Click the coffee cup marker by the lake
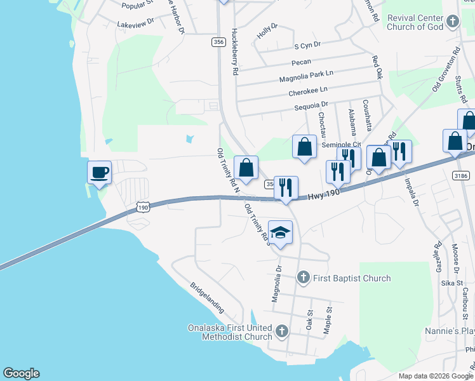coord(100,173)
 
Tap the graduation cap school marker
coord(280,233)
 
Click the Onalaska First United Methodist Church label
coord(230,332)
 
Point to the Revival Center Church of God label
coord(406,22)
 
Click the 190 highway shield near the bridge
coord(143,207)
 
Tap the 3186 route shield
coord(462,175)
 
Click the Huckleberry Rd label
coord(235,51)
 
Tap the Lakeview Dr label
coord(135,22)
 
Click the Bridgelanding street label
coord(207,297)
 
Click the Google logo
coord(21,373)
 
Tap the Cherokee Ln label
coord(308,91)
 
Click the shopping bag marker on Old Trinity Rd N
coord(246,168)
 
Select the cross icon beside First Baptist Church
coord(304,277)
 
